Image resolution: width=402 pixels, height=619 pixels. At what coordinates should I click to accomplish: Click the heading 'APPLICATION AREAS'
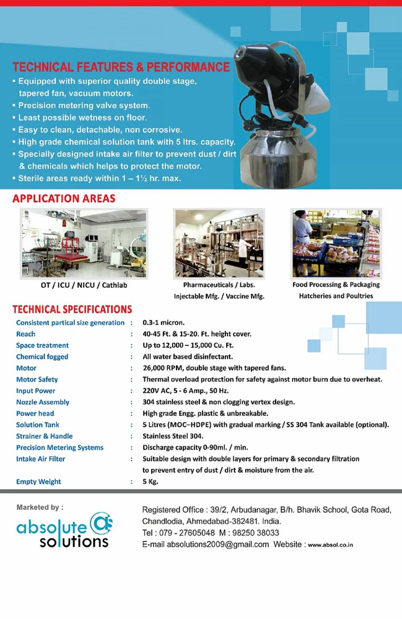coord(64,199)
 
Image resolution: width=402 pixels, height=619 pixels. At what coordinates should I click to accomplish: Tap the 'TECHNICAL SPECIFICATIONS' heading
coord(72,309)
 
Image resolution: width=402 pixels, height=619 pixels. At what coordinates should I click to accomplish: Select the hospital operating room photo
coord(84,243)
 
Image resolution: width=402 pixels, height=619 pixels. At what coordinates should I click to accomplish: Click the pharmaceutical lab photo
coord(219,243)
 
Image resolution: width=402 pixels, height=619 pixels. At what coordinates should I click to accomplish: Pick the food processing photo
coord(336,243)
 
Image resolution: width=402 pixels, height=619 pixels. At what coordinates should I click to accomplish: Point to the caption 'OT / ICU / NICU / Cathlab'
coord(84,285)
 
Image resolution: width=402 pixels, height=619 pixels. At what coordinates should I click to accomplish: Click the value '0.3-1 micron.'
coord(163,322)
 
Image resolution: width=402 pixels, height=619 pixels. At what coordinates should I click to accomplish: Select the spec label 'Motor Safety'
coord(37,379)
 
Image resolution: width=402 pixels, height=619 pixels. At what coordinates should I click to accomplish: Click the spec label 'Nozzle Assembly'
coord(43,402)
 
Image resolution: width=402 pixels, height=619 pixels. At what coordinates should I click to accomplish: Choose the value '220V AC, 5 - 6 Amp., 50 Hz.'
coord(185,391)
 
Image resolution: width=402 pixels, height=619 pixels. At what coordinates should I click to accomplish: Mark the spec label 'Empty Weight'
coord(38,482)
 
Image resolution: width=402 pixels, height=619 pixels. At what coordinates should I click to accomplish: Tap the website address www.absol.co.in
coord(331,545)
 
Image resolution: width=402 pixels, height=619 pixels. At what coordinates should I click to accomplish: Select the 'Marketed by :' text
coord(40,508)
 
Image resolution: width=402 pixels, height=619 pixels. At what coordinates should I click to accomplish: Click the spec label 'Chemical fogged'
coord(42,357)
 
